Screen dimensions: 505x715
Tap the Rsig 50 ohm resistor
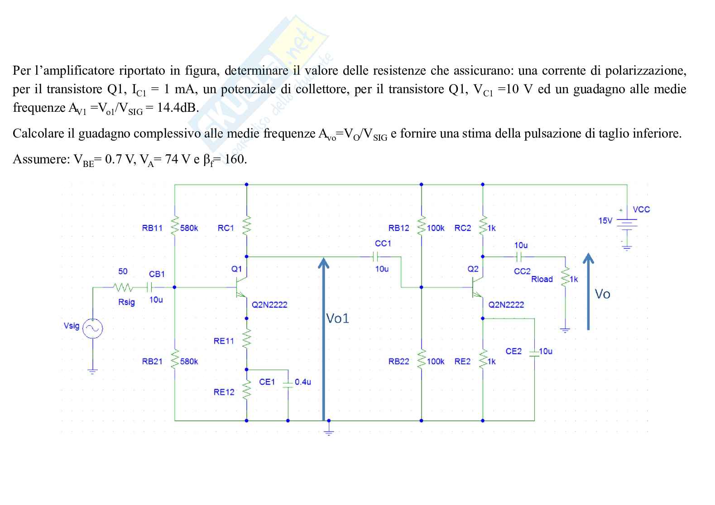pyautogui.click(x=123, y=287)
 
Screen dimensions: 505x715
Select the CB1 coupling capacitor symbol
pyautogui.click(x=150, y=287)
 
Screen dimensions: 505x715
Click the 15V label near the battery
pyautogui.click(x=605, y=221)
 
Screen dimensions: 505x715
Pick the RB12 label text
pyautogui.click(x=398, y=228)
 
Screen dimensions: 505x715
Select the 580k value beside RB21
pyautogui.click(x=189, y=362)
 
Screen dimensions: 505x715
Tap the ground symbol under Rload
pyautogui.click(x=565, y=330)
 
